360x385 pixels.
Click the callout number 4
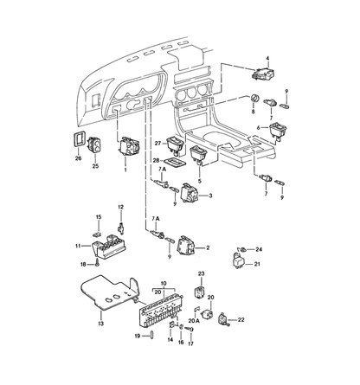click(x=267, y=58)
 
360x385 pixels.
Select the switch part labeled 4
click(x=263, y=74)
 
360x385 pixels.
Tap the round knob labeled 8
click(x=254, y=98)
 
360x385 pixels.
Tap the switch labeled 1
click(x=128, y=146)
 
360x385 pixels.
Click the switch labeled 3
click(x=189, y=192)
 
